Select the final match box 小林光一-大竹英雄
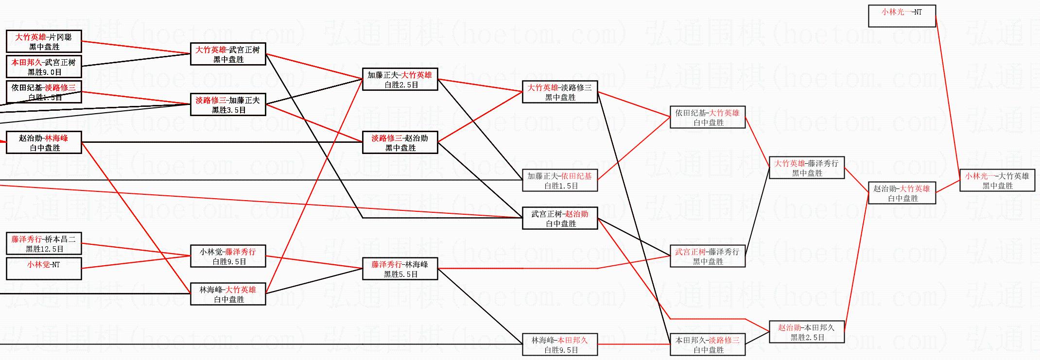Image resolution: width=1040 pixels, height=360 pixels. pyautogui.click(x=997, y=180)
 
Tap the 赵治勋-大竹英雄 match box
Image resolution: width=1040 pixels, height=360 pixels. pyautogui.click(x=902, y=193)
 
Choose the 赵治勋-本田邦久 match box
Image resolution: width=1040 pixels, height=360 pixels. pyautogui.click(x=807, y=332)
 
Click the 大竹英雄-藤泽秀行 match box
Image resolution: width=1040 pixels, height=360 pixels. pyautogui.click(x=807, y=168)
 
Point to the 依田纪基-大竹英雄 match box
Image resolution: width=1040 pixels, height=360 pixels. pyautogui.click(x=708, y=117)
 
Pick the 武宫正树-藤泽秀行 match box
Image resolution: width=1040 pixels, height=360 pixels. pyautogui.click(x=708, y=256)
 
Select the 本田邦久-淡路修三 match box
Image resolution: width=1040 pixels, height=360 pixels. pyautogui.click(x=708, y=344)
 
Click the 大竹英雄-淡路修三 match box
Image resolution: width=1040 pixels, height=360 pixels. pyautogui.click(x=560, y=92)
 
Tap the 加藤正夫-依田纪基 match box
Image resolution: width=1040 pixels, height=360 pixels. pyautogui.click(x=560, y=180)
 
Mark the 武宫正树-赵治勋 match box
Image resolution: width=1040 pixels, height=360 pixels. pyautogui.click(x=560, y=218)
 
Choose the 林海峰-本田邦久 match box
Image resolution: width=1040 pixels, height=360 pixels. pyautogui.click(x=560, y=344)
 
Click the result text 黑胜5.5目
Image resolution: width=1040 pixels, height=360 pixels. pyautogui.click(x=400, y=274)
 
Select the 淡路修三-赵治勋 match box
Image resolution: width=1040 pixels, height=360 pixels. pyautogui.click(x=400, y=142)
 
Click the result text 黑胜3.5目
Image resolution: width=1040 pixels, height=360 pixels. pyautogui.click(x=228, y=110)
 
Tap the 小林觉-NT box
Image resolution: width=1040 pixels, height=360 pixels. pyautogui.click(x=44, y=269)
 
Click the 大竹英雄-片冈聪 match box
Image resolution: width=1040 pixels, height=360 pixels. pyautogui.click(x=44, y=41)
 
